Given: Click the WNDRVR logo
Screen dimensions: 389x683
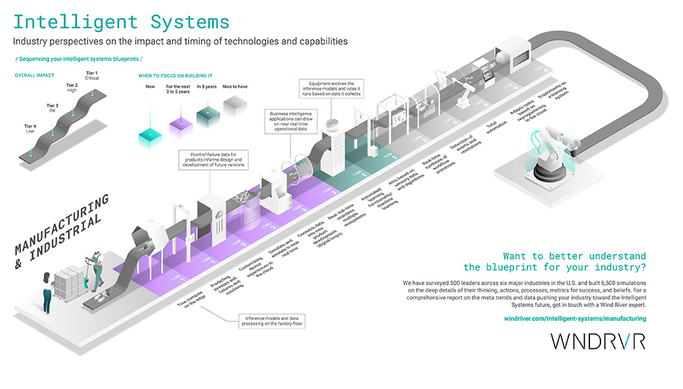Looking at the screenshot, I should tap(598, 342).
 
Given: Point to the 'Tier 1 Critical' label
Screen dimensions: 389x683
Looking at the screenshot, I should tap(92, 75).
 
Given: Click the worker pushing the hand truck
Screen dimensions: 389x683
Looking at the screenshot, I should tap(96, 268).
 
